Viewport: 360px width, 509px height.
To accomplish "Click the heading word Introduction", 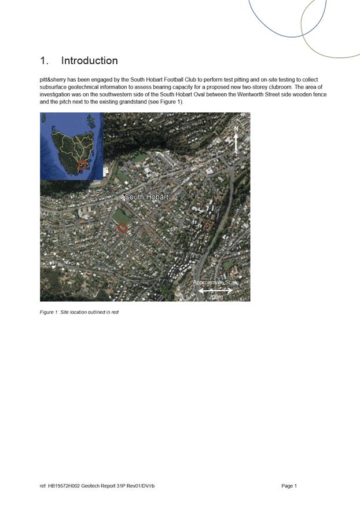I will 89,61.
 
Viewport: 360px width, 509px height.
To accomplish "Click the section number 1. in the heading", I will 45,61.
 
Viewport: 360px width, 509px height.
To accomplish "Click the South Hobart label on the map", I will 146,197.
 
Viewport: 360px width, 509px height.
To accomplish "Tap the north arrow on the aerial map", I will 236,142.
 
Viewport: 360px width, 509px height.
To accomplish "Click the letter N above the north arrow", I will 236,128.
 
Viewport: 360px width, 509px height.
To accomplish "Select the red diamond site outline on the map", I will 123,228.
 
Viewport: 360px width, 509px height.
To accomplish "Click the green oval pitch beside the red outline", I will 122,216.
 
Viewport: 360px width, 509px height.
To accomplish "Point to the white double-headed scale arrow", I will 215,290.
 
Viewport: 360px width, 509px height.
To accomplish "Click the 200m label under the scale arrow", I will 215,296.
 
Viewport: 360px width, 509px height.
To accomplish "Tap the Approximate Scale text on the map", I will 215,283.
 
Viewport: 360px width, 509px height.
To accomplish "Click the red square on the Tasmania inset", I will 82,164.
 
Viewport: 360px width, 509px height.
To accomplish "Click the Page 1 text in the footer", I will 289,486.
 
